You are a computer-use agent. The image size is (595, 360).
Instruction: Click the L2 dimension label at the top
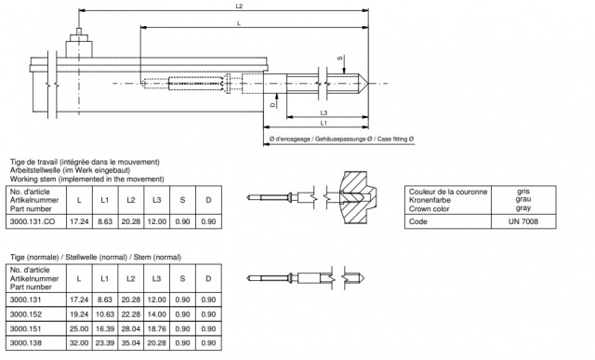tap(239, 7)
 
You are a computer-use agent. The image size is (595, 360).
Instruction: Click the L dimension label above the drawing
tap(239, 23)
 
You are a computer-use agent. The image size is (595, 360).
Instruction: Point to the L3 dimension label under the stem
tap(324, 113)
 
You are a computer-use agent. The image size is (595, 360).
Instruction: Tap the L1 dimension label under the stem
tap(324, 123)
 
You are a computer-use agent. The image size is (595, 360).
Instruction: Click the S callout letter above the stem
tap(340, 59)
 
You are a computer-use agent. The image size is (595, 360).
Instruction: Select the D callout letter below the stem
tap(272, 105)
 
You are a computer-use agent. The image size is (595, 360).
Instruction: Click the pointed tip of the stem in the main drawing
tap(367, 83)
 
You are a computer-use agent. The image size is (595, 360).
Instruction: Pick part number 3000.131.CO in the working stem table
tap(33, 221)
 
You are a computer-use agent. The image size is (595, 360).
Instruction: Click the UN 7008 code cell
tap(523, 221)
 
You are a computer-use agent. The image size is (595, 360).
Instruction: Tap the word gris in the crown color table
tap(523, 191)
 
